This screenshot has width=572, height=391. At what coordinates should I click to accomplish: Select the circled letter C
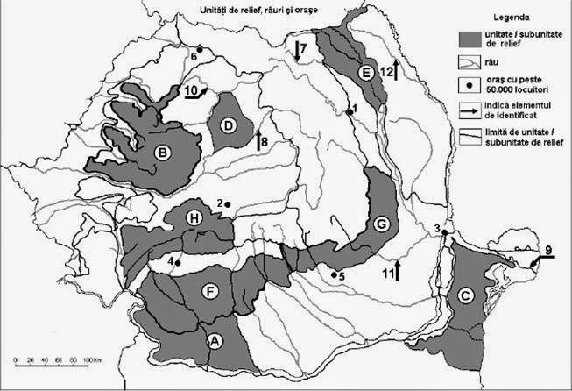tap(463, 295)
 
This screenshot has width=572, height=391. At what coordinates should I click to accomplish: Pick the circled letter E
tap(367, 71)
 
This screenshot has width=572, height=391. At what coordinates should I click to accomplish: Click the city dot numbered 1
tap(348, 110)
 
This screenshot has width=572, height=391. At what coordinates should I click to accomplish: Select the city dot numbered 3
tap(445, 232)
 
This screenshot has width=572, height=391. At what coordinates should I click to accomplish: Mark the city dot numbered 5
tap(334, 274)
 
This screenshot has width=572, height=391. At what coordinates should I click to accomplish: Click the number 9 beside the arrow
tap(548, 251)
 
